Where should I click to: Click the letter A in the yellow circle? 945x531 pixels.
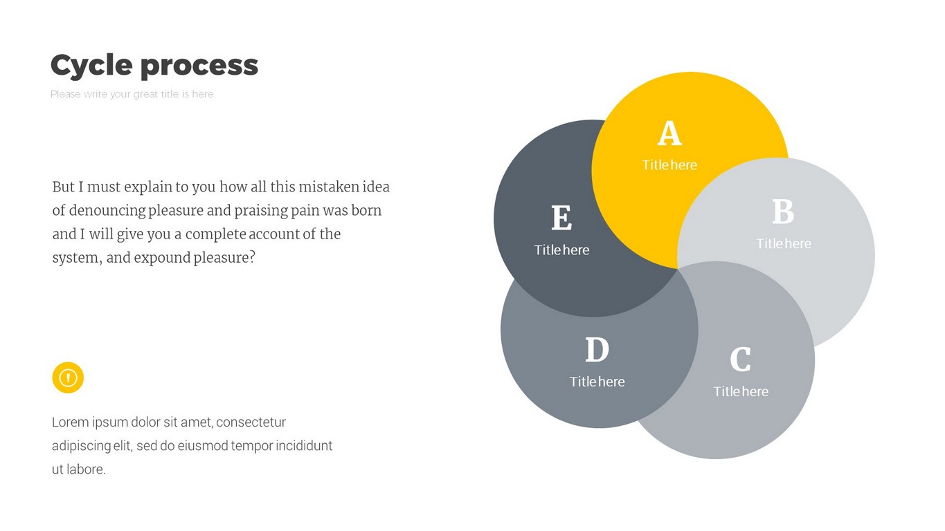669,133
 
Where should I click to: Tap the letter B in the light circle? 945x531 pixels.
783,212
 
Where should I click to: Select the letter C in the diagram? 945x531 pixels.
740,359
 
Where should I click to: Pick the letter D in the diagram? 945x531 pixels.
597,349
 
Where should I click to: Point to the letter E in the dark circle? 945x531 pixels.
561,218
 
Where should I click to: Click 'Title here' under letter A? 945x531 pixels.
669,165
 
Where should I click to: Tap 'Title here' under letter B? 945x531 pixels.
784,243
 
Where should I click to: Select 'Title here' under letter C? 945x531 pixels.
741,391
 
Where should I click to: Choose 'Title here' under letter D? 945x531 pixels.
597,382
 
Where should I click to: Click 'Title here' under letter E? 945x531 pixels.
561,250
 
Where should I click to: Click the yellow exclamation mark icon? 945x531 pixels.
68,378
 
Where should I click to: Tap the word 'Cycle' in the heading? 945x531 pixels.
91,65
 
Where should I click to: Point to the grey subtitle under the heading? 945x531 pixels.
132,94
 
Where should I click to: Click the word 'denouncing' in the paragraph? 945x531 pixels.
107,211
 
